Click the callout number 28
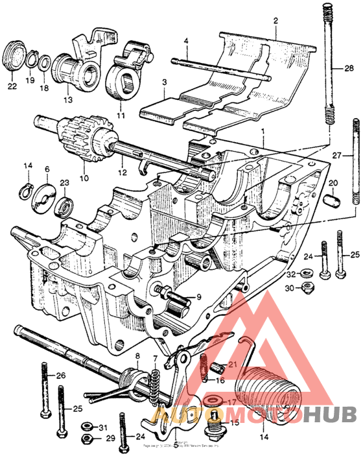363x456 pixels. pyautogui.click(x=349, y=69)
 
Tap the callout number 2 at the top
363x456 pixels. pyautogui.click(x=275, y=21)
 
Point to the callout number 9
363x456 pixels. pyautogui.click(x=198, y=298)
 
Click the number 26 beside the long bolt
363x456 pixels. pyautogui.click(x=61, y=376)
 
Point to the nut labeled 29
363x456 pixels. pyautogui.click(x=85, y=440)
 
